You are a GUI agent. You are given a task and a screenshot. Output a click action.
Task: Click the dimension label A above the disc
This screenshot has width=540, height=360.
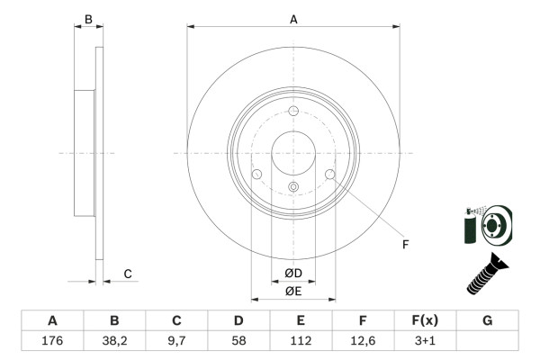(293, 18)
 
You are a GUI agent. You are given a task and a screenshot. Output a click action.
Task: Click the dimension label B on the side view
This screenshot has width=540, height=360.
(88, 19)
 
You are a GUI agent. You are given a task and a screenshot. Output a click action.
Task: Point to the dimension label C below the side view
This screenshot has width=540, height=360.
(128, 274)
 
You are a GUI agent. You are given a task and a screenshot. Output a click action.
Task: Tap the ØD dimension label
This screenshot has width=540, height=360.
(293, 274)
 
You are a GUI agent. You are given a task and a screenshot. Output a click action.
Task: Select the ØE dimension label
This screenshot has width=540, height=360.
(293, 290)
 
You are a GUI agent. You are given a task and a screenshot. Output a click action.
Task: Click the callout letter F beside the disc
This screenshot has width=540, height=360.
(405, 244)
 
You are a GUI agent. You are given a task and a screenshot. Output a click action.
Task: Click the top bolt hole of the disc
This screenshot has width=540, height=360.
(293, 111)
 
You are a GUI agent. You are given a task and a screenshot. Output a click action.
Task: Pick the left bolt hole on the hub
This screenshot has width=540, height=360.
(256, 175)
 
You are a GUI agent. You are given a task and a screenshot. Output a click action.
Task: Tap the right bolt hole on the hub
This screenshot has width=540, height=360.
(330, 175)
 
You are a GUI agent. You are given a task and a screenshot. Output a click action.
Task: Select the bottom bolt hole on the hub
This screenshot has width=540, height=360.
(293, 187)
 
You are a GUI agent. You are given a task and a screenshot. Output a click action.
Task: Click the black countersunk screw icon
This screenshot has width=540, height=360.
(487, 274)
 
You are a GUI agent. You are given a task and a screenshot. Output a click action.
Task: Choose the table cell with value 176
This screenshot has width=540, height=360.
(52, 340)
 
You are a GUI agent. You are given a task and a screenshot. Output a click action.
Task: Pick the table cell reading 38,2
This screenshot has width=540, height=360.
(114, 340)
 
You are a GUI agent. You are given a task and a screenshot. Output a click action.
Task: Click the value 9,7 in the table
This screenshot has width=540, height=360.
(176, 340)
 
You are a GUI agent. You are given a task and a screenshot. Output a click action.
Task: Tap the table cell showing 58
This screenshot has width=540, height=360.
(238, 340)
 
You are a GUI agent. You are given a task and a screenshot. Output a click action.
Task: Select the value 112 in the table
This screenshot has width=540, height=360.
(301, 340)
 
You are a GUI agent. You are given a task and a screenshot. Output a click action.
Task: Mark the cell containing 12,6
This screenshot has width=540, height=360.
(363, 340)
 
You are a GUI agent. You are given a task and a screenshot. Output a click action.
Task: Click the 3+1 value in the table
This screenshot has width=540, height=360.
(425, 340)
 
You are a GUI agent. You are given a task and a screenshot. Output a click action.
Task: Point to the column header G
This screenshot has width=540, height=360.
(487, 320)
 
